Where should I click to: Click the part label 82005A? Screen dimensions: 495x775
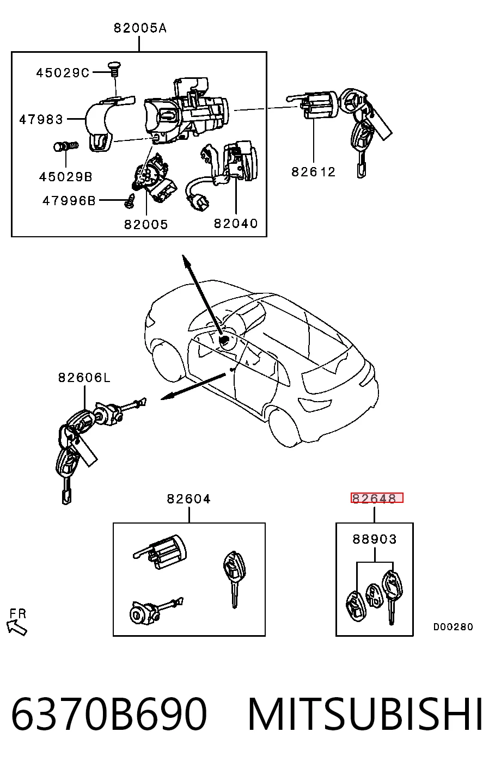point(140,28)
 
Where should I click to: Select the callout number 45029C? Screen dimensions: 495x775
point(63,73)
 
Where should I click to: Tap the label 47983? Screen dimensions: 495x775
point(41,120)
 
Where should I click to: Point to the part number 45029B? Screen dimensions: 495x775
point(66,177)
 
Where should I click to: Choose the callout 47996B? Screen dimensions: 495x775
point(69,201)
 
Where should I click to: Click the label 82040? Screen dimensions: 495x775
point(236,224)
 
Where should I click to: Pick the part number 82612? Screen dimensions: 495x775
point(313,171)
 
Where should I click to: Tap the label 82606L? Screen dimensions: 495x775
point(84,378)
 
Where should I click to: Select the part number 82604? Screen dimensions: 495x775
point(188,499)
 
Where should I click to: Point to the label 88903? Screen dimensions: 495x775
point(375,539)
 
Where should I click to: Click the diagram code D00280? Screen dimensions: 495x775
point(453,626)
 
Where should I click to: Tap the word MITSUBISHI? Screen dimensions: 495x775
point(365,714)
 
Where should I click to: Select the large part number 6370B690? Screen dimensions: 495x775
point(109,714)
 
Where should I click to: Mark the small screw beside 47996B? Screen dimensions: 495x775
point(130,201)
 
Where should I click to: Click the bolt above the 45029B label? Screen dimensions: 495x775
point(66,146)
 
